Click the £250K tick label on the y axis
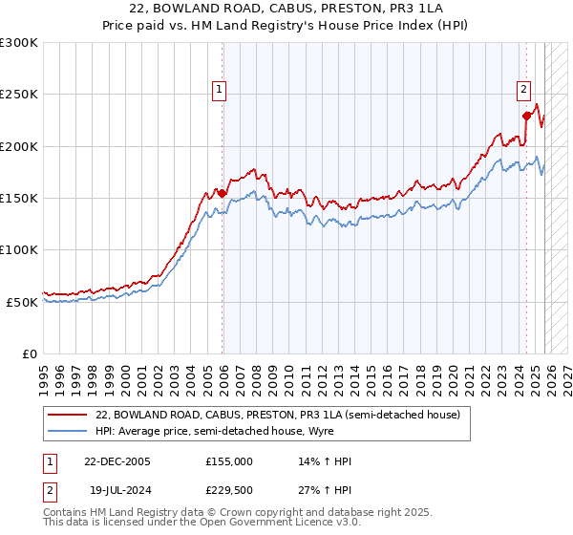click(x=19, y=95)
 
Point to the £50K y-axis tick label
click(x=23, y=302)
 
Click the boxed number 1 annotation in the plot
click(x=219, y=90)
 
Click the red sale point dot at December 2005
click(x=223, y=193)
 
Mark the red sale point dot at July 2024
click(x=526, y=116)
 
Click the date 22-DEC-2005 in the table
click(x=117, y=461)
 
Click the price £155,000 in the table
click(x=228, y=461)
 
